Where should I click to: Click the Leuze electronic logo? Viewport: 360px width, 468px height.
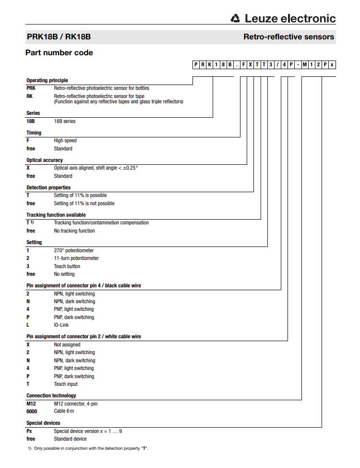(283, 18)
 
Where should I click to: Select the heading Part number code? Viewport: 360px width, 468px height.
(59, 52)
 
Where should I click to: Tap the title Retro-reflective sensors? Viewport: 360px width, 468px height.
(288, 37)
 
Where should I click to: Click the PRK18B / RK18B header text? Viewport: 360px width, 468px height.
(59, 37)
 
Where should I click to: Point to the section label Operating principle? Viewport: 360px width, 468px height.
(47, 80)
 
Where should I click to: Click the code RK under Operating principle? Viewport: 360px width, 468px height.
(30, 96)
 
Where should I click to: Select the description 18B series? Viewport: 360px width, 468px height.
(65, 121)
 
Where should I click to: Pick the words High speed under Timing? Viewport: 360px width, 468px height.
(65, 140)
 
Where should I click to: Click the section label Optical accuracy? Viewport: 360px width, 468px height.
(45, 160)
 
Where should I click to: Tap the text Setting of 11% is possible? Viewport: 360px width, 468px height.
(80, 195)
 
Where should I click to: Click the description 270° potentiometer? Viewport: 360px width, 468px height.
(74, 250)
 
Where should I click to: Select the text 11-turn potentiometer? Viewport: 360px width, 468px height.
(76, 258)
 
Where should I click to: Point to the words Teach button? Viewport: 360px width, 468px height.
(67, 266)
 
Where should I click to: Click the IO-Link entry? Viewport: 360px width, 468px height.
(61, 325)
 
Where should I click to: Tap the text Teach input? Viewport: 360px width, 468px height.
(66, 384)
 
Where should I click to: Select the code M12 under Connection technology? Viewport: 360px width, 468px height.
(31, 404)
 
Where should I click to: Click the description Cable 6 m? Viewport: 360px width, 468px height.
(64, 411)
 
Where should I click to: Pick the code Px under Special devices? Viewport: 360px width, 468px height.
(29, 431)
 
